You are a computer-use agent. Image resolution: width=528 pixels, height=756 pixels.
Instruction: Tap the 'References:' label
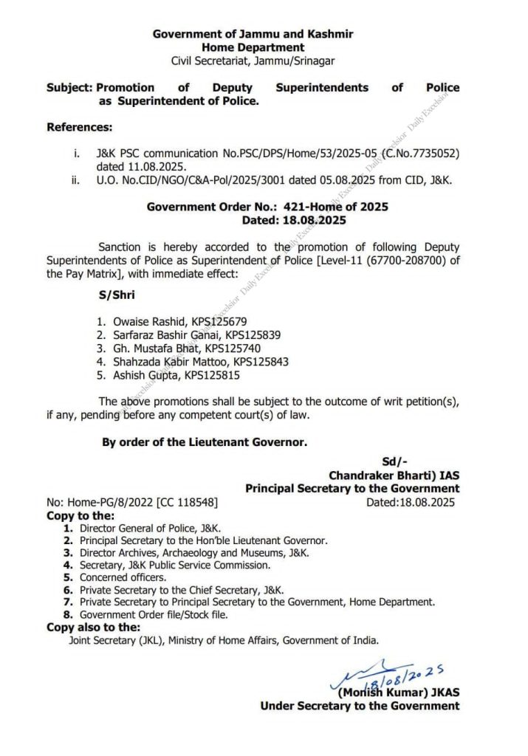[80, 127]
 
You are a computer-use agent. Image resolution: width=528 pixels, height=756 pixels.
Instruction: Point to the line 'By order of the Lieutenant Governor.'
[204, 442]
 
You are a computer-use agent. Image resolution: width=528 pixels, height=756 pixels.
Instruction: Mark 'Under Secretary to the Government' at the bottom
[359, 706]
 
